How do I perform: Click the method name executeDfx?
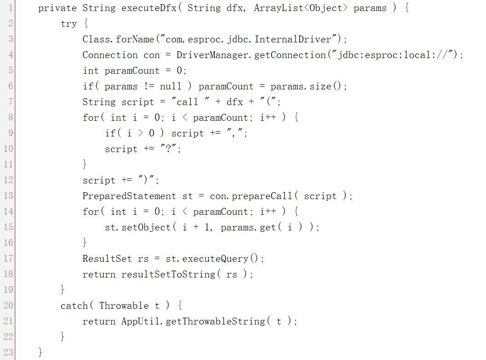149,8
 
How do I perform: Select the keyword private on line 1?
57,8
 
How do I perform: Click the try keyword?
69,24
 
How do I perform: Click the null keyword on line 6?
171,86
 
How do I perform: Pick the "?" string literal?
168,148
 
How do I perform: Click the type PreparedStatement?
129,196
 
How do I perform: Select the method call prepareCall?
262,196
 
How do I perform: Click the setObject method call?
146,227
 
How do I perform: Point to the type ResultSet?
107,259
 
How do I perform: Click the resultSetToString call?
168,274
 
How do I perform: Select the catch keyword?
74,306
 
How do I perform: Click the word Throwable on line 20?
124,306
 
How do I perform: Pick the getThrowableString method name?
215,321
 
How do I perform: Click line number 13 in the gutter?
8,196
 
